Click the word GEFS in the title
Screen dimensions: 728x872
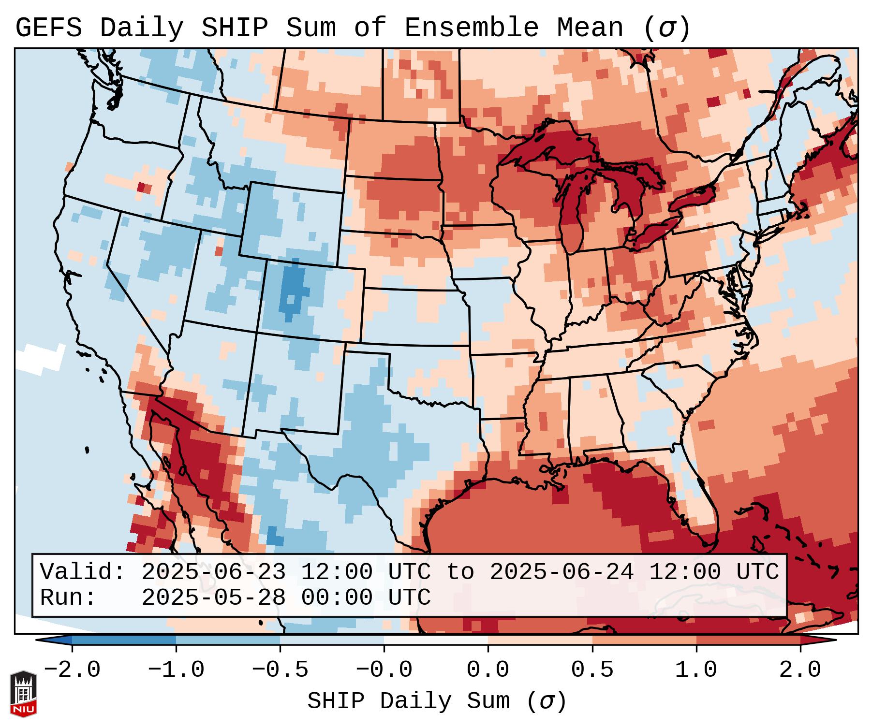tap(48, 28)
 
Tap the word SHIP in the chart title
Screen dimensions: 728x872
tap(234, 28)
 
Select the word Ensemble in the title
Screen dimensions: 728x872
tap(471, 28)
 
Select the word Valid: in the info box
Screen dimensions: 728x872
tap(83, 572)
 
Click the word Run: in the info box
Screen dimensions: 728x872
tap(68, 598)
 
